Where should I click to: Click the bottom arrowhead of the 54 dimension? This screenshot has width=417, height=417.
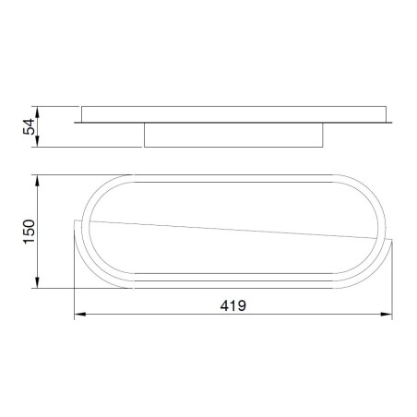coord(38,144)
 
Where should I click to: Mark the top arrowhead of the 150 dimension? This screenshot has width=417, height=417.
coord(38,174)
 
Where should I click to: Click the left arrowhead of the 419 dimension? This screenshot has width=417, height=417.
coord(77,316)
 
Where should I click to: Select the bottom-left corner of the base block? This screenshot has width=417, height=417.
coord(145,146)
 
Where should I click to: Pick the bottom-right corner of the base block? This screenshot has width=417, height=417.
coord(324,146)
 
